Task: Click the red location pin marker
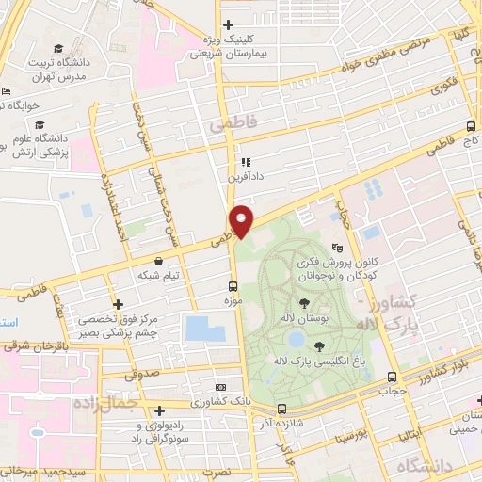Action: [243, 221]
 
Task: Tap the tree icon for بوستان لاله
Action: [305, 302]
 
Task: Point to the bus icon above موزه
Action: [233, 286]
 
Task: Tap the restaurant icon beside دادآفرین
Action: [244, 161]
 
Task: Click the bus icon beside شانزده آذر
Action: [282, 409]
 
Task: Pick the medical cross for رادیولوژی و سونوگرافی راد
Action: [160, 410]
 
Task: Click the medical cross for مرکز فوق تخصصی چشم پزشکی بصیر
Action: [118, 304]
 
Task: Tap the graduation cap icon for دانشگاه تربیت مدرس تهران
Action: [58, 48]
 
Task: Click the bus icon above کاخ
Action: [471, 126]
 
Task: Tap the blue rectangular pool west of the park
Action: [205, 329]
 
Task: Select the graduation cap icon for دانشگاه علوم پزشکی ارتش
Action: [40, 124]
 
